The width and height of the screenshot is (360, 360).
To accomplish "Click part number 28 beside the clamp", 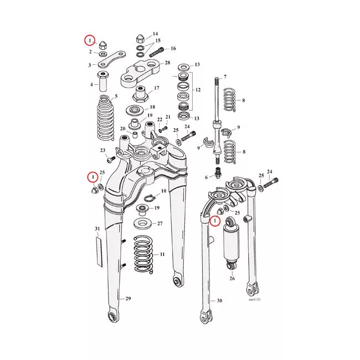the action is [x=167, y=63].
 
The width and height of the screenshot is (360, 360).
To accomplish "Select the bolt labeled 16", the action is [x=157, y=52].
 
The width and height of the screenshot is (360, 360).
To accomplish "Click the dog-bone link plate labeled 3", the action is [x=112, y=59].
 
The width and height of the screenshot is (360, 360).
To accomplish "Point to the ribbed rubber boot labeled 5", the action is [x=106, y=117].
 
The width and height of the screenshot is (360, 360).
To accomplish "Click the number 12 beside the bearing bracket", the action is [x=198, y=90].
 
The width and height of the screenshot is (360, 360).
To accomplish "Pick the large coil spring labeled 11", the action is [x=143, y=254].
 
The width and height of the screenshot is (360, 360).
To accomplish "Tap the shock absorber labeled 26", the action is [x=232, y=244].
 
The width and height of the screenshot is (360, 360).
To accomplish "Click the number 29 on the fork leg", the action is [x=128, y=299].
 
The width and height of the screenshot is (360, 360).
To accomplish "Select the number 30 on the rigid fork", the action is [x=219, y=301].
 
